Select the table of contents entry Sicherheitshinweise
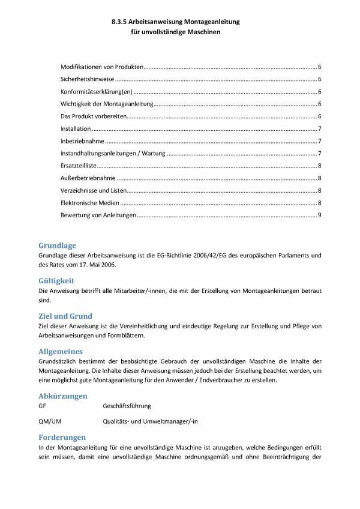tap(87, 79)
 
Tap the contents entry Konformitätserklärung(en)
tap(96, 92)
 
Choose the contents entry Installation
tap(76, 129)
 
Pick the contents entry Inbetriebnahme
tap(82, 141)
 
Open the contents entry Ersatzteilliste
tap(79, 166)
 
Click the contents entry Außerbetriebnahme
tap(88, 178)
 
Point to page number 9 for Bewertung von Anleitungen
tap(320, 215)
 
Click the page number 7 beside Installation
tap(320, 129)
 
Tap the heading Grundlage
tap(57, 245)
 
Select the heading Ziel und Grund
tap(65, 316)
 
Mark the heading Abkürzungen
tap(62, 396)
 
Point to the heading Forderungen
tap(61, 438)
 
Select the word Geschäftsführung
tap(127, 406)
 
